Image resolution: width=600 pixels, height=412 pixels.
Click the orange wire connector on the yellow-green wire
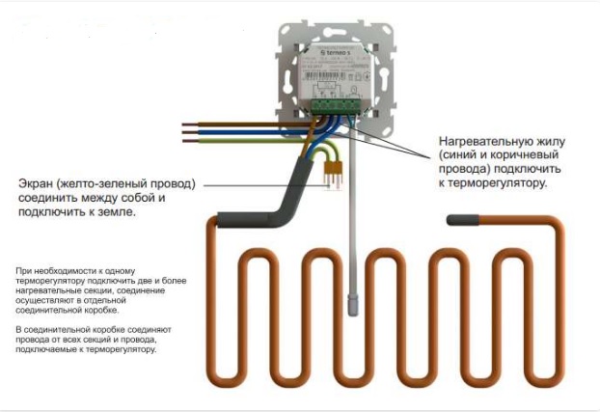point(336,175)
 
